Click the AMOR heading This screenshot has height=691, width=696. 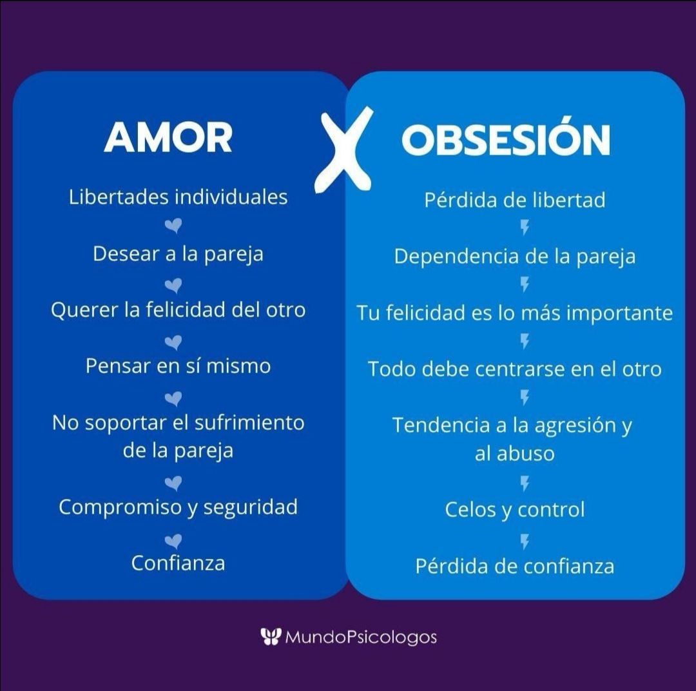(168, 137)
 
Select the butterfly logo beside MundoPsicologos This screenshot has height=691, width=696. (270, 637)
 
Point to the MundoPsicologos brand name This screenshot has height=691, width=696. (360, 637)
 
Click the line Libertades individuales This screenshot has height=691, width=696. (178, 197)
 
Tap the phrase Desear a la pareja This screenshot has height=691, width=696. (178, 254)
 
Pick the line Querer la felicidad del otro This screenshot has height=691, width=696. (178, 309)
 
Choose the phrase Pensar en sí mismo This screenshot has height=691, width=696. (178, 366)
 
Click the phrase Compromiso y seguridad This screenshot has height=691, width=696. (178, 507)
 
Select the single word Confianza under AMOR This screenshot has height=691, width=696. (178, 563)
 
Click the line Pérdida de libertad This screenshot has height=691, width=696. (514, 200)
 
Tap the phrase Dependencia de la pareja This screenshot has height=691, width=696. (514, 257)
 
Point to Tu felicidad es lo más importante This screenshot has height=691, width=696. (514, 313)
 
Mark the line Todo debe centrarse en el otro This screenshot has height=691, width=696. (514, 369)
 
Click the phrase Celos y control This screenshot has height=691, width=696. (514, 509)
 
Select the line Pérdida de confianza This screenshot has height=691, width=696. (514, 566)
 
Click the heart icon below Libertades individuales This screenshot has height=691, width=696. (173, 226)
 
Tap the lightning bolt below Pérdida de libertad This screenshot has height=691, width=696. (525, 228)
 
